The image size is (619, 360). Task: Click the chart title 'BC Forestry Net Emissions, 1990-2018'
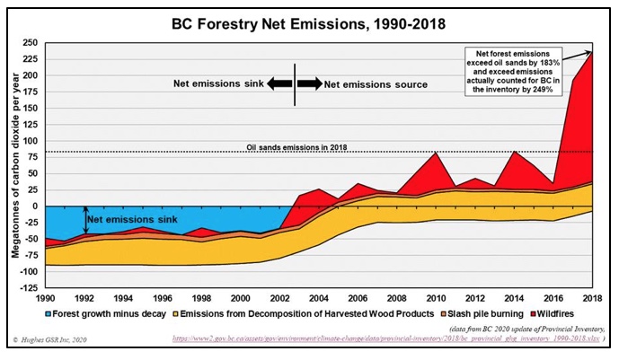[x=308, y=21]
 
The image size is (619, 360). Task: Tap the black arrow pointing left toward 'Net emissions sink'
[x=281, y=83]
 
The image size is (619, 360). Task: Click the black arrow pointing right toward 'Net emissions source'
[x=309, y=83]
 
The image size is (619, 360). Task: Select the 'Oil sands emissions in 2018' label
[x=296, y=146]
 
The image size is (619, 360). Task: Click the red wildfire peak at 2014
[x=514, y=153]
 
